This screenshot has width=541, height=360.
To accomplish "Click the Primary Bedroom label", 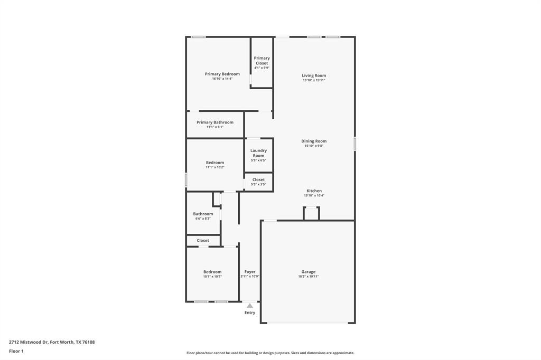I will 222,74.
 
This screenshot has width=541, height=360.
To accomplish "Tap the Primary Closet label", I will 262,61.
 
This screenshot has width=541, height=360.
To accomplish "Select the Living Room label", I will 314,75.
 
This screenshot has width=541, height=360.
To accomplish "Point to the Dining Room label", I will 314,141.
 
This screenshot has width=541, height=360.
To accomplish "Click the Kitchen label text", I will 314,191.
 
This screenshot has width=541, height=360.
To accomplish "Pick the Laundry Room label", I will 258,153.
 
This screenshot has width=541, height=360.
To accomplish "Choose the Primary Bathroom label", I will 214,122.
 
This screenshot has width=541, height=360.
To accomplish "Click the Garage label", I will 308,272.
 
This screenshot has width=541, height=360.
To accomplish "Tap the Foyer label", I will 249,272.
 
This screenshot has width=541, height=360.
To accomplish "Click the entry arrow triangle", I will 250,305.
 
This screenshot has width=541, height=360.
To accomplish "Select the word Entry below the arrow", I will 250,312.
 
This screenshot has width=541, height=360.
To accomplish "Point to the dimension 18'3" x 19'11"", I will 308,277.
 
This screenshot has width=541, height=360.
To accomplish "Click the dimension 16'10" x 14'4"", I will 222,79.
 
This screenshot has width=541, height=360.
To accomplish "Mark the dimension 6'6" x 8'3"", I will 203,219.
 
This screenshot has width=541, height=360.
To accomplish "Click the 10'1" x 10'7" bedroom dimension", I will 212,277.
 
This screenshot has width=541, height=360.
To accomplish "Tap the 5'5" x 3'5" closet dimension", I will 258,184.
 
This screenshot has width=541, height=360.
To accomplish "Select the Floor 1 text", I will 16,351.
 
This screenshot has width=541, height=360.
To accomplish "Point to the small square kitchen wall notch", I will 311,213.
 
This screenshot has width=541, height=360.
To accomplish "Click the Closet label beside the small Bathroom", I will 203,240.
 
